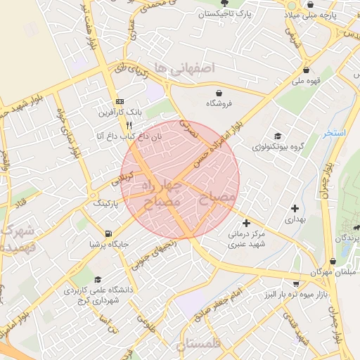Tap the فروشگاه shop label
(x=219, y=103)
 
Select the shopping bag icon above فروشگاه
(x=219, y=92)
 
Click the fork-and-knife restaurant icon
(x=129, y=124)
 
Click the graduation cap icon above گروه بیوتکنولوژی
(x=278, y=136)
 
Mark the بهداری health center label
(x=295, y=219)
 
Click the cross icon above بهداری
(x=295, y=208)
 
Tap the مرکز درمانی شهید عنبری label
(x=246, y=239)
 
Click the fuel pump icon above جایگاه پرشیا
(x=108, y=233)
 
